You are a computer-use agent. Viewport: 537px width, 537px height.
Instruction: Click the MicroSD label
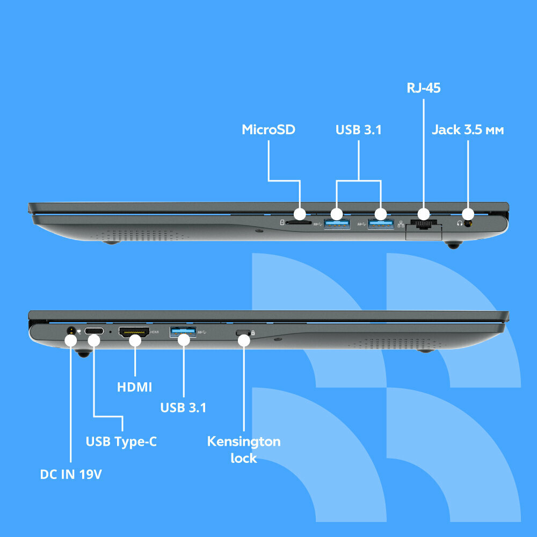(x=268, y=129)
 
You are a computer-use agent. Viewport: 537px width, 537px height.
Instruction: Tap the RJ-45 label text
(x=424, y=88)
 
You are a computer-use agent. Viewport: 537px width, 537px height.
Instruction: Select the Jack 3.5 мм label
(x=468, y=129)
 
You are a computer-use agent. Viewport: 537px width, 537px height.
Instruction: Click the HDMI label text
(x=134, y=387)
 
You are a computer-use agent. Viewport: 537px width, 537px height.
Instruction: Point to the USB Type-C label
(x=121, y=441)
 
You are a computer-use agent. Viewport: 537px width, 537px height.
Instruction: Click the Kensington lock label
(x=244, y=449)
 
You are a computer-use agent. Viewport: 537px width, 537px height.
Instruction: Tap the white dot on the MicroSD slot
(x=300, y=213)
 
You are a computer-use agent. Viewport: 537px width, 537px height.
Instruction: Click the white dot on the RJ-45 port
(x=424, y=213)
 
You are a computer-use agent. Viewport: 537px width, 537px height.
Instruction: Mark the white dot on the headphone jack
(x=468, y=213)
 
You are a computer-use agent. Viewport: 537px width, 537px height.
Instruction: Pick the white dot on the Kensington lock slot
(x=244, y=339)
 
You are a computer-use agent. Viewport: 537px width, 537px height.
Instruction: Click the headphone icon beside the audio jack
(x=460, y=223)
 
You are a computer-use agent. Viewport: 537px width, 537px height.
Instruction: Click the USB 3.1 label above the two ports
(x=358, y=129)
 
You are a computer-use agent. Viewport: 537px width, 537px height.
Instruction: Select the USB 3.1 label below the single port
(x=183, y=408)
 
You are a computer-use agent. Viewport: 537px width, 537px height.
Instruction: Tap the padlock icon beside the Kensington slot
(x=253, y=332)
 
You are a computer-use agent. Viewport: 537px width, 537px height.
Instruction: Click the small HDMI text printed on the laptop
(x=155, y=332)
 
